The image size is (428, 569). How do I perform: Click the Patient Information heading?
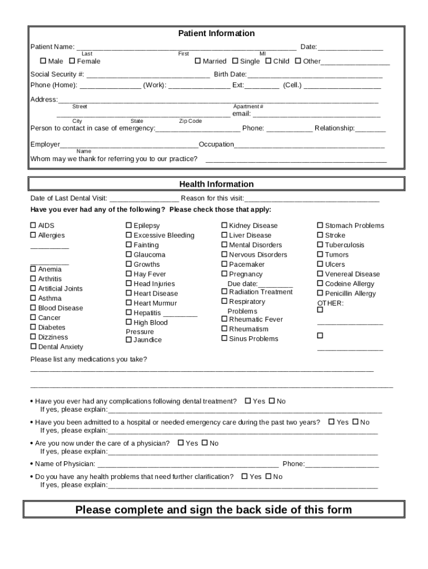[216, 33]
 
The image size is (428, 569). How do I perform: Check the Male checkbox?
[43, 61]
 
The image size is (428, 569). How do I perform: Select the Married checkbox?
[197, 61]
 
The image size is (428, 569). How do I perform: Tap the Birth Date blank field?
[315, 75]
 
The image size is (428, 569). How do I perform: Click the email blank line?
[316, 114]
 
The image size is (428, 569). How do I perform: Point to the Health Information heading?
[216, 184]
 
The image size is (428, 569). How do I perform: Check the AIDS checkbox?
[33, 226]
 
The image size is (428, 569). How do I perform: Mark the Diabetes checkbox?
[33, 327]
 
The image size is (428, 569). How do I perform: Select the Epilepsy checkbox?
[129, 226]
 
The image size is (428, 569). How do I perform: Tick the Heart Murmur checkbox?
[129, 303]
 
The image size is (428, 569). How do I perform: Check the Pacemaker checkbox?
[225, 264]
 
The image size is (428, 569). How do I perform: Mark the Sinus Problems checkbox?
[225, 338]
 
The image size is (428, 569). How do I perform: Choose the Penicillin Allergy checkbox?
[320, 293]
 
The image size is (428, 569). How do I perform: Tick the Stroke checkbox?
[320, 235]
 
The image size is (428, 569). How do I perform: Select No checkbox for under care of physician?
[205, 443]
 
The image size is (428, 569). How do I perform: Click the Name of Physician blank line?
[188, 465]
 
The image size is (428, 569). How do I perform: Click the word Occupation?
[216, 144]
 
